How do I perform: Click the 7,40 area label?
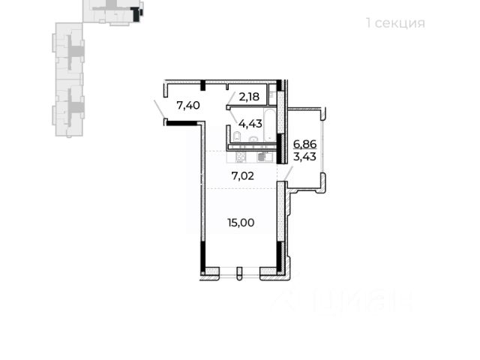coord(188,106)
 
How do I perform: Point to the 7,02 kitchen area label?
coord(240,177)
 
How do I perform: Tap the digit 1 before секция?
coord(368,22)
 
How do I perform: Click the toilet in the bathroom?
coord(235,136)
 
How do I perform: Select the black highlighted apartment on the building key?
coord(135,12)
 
